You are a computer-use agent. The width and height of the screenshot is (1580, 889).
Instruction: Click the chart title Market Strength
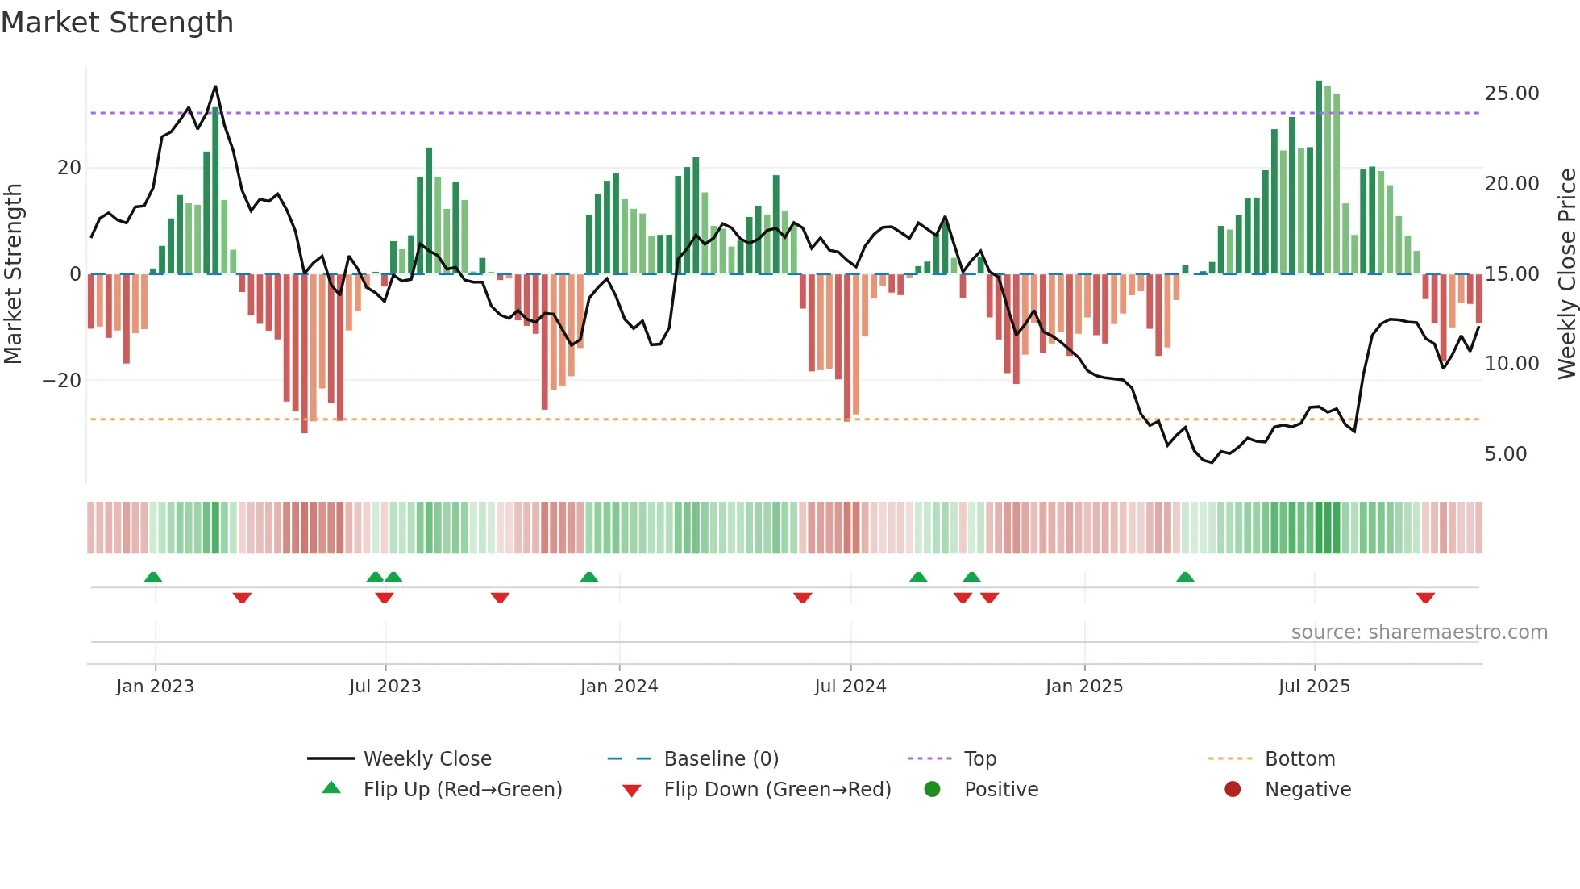[117, 23]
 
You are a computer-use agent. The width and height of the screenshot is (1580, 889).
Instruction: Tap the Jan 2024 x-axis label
[618, 687]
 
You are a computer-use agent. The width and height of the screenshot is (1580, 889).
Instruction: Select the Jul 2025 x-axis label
[1313, 687]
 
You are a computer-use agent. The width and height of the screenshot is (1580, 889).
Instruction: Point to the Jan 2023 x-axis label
[155, 687]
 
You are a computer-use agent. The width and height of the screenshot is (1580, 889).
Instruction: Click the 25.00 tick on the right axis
[1511, 94]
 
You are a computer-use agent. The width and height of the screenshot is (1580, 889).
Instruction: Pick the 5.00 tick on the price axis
[1505, 454]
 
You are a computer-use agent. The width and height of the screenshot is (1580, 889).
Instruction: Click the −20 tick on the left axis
[62, 381]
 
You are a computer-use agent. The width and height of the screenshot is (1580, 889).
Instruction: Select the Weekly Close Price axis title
[1566, 274]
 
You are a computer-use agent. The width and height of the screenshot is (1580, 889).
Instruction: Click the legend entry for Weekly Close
[426, 759]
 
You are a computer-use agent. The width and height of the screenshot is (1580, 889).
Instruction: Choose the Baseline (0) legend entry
[721, 759]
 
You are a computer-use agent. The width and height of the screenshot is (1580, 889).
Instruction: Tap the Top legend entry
[979, 759]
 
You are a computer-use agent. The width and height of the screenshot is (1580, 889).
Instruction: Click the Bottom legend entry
[1299, 759]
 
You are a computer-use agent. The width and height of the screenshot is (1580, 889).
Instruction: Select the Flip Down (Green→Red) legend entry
[777, 790]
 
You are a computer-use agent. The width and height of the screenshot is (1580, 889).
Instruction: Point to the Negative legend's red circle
[1233, 790]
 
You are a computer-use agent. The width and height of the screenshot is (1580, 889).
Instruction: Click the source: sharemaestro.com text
[1419, 632]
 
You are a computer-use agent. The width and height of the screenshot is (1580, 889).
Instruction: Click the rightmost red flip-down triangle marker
[1424, 598]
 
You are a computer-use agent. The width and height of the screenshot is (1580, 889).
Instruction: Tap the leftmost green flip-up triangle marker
[153, 577]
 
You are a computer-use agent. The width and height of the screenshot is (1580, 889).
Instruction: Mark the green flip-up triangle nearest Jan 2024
[589, 577]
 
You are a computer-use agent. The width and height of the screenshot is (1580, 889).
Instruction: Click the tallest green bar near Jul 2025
[1319, 177]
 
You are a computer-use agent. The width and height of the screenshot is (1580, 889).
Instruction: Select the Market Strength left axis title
[13, 274]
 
